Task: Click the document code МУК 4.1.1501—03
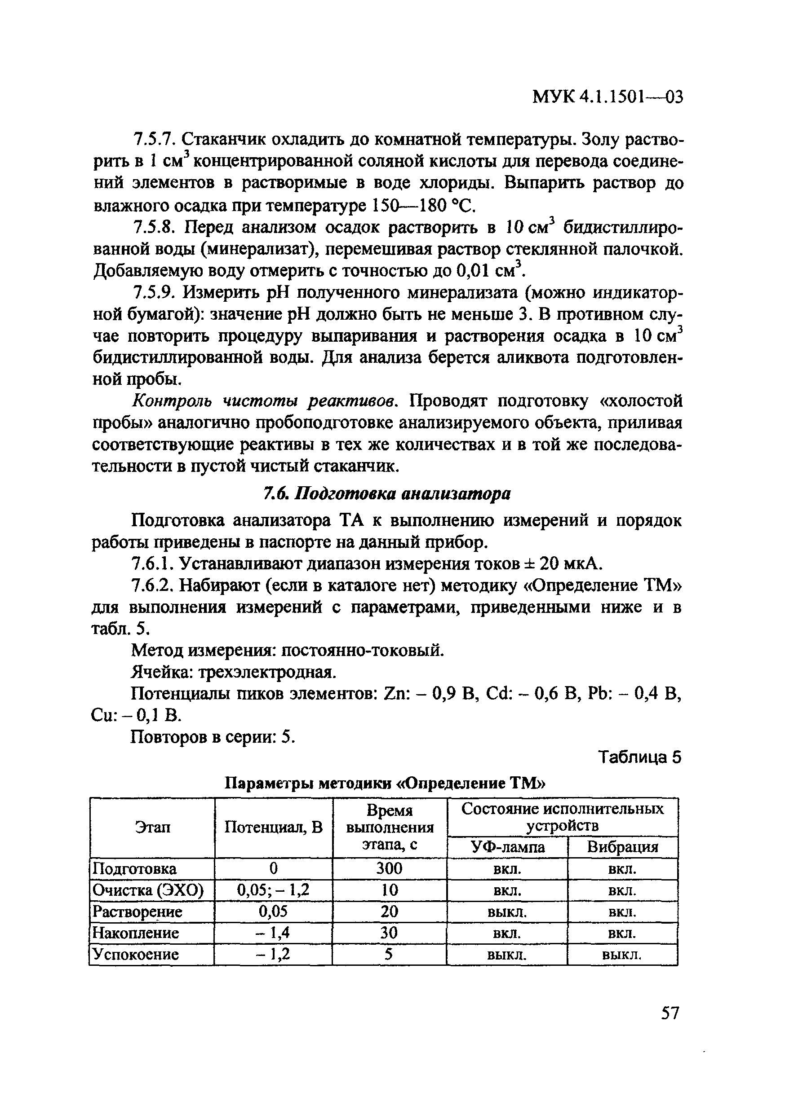(x=608, y=97)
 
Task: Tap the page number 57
(x=670, y=1013)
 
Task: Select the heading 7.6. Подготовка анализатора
(x=386, y=494)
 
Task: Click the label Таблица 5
(x=639, y=757)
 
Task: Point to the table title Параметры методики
(x=386, y=784)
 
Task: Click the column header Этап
(x=152, y=827)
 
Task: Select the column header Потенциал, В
(x=273, y=827)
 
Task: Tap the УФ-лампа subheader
(x=507, y=847)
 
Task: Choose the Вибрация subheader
(x=622, y=847)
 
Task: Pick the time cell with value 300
(x=389, y=868)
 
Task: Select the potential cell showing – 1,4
(x=273, y=933)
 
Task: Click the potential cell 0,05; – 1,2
(x=273, y=890)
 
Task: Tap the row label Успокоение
(x=136, y=954)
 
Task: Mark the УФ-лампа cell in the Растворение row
(x=507, y=911)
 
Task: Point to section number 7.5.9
(x=152, y=293)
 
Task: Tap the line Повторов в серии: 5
(x=213, y=736)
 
